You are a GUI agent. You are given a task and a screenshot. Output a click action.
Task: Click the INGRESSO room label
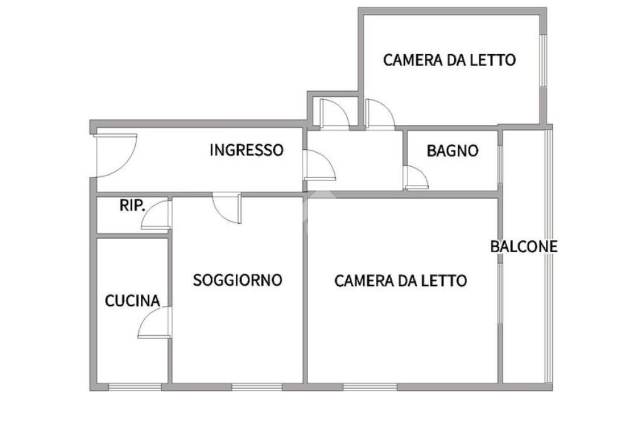click(247, 150)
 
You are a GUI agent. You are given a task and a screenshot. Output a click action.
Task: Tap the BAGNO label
click(452, 151)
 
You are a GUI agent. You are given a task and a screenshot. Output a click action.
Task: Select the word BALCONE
click(524, 247)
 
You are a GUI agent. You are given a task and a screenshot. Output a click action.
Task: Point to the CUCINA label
click(132, 301)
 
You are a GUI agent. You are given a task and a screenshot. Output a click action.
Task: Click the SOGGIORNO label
click(237, 280)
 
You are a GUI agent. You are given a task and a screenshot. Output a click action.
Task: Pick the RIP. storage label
click(132, 205)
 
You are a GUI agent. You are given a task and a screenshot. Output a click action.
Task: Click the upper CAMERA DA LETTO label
click(450, 60)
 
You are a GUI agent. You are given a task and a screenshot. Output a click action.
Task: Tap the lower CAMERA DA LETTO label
click(401, 281)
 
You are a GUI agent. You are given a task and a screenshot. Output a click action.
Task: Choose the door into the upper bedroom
click(379, 114)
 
